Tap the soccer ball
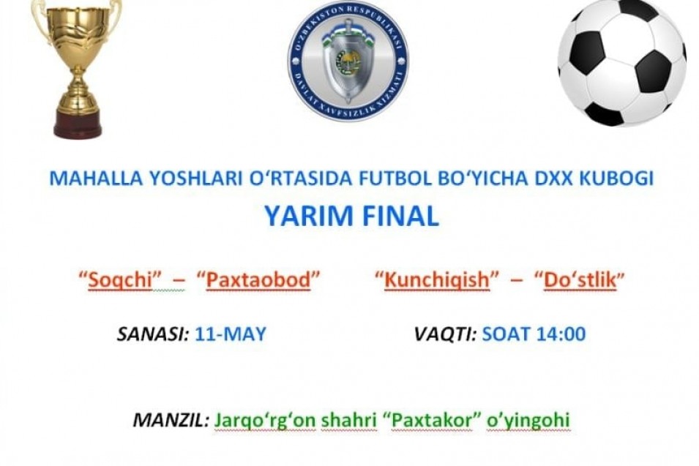(622, 62)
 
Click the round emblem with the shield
(348, 61)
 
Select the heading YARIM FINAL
(352, 216)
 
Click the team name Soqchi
(120, 279)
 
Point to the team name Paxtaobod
(258, 279)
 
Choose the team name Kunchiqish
(437, 279)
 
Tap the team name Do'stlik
(580, 279)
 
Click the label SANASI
(153, 334)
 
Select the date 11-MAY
(231, 334)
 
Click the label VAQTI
(445, 334)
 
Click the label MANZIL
(171, 420)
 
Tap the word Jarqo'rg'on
(265, 421)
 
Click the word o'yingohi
(528, 421)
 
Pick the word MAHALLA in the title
(96, 178)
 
